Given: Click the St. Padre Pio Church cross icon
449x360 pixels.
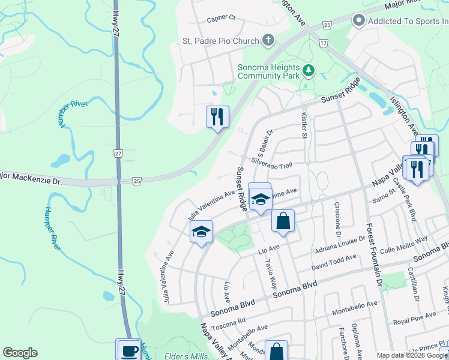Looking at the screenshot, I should click(268, 41).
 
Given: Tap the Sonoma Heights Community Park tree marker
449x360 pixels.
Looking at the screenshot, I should click(309, 71).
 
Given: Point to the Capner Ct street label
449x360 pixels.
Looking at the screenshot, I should click(221, 18).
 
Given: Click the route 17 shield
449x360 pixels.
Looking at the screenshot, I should click(324, 43).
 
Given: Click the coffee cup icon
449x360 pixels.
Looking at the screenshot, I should click(128, 350).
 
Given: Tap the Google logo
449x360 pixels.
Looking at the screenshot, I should click(20, 353).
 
